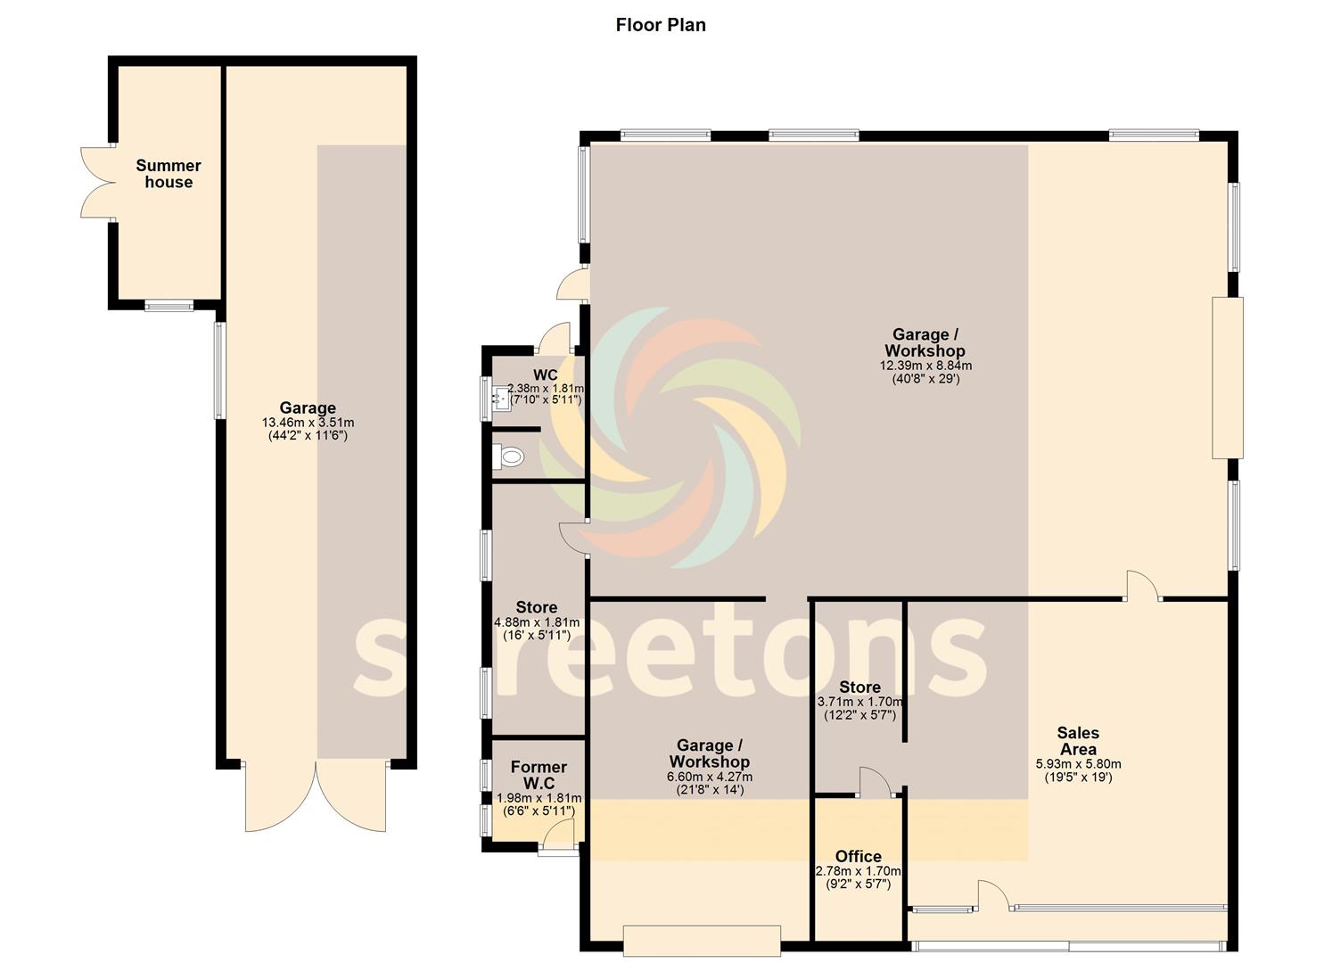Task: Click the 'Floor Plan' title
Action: [x=661, y=25]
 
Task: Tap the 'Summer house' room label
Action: [x=169, y=174]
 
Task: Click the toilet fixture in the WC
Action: [x=509, y=457]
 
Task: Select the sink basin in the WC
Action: [x=500, y=399]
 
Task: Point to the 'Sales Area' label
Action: [x=1078, y=741]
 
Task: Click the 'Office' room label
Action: [x=859, y=857]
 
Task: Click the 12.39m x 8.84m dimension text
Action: [x=925, y=366]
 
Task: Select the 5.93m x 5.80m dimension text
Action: [x=1078, y=764]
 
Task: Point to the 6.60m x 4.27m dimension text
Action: [x=709, y=777]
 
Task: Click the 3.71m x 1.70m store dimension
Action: [x=859, y=702]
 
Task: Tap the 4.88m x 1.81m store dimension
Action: [x=537, y=622]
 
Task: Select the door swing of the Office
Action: [x=875, y=781]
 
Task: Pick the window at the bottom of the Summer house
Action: [x=169, y=306]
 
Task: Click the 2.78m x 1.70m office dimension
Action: [x=859, y=871]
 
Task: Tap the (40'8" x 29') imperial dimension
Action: [x=925, y=379]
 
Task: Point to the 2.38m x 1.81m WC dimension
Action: [x=545, y=389]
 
